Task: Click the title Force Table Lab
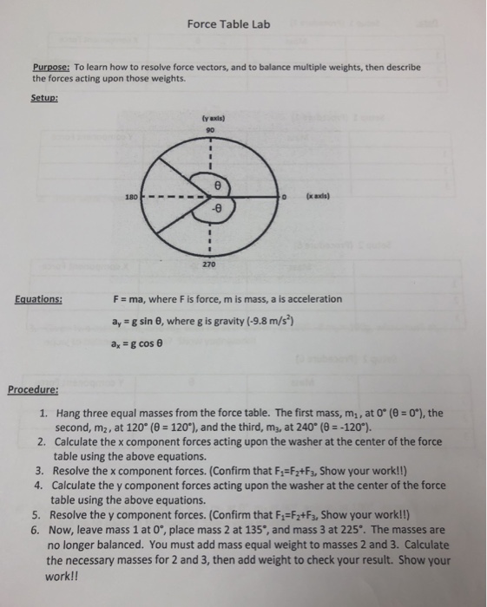click(228, 24)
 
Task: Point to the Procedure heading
click(34, 389)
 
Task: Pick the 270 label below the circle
click(209, 263)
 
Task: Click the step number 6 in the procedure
click(40, 527)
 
